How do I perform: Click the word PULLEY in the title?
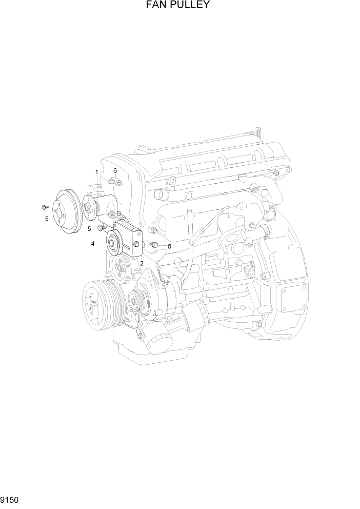192,5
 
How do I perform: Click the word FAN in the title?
159,5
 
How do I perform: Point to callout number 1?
96,171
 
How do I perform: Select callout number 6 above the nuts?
115,170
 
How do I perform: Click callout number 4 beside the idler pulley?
93,244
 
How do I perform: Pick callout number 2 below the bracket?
141,264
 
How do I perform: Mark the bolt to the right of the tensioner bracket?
153,245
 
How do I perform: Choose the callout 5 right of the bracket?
169,246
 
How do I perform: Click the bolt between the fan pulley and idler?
102,227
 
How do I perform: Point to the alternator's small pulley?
136,299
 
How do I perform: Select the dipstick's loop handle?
189,196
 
